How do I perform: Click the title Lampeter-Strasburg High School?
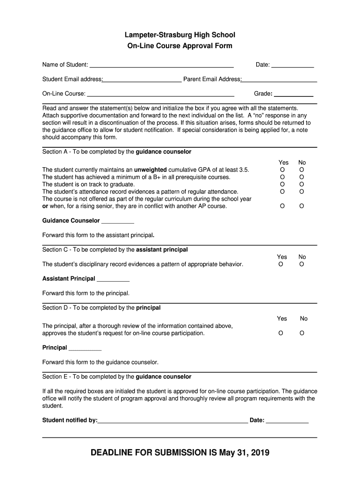click(x=180, y=35)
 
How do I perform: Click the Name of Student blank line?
click(x=161, y=65)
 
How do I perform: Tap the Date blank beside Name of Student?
click(x=293, y=65)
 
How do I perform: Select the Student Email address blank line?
click(x=142, y=80)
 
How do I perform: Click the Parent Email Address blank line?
click(x=279, y=80)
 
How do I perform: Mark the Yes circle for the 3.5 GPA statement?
click(x=282, y=170)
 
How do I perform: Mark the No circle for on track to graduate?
click(x=302, y=184)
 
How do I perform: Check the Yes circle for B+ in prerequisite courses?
click(x=282, y=177)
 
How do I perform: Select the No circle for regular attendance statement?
click(x=302, y=192)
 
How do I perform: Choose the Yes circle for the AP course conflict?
click(x=282, y=206)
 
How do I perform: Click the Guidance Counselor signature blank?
click(x=118, y=221)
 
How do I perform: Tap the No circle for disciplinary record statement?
click(x=302, y=264)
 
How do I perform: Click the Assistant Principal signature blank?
click(x=113, y=279)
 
